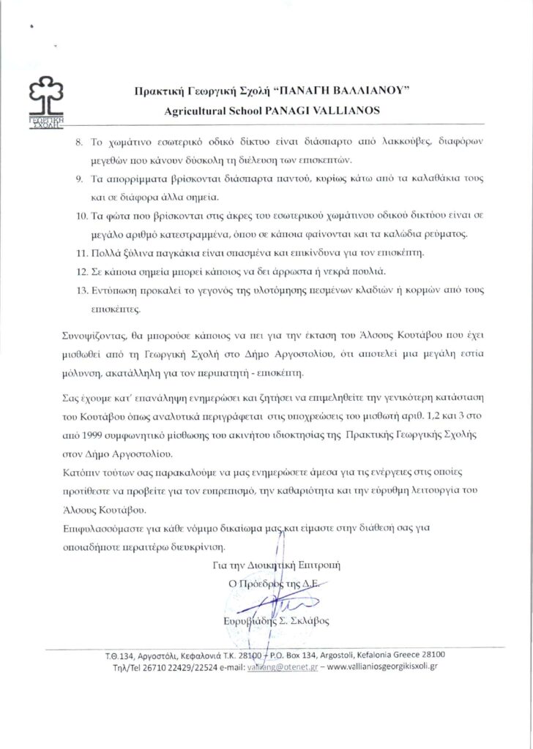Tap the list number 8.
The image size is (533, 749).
pos(80,140)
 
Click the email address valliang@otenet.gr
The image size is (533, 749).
pos(280,668)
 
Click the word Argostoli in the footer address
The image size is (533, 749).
pos(329,655)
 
